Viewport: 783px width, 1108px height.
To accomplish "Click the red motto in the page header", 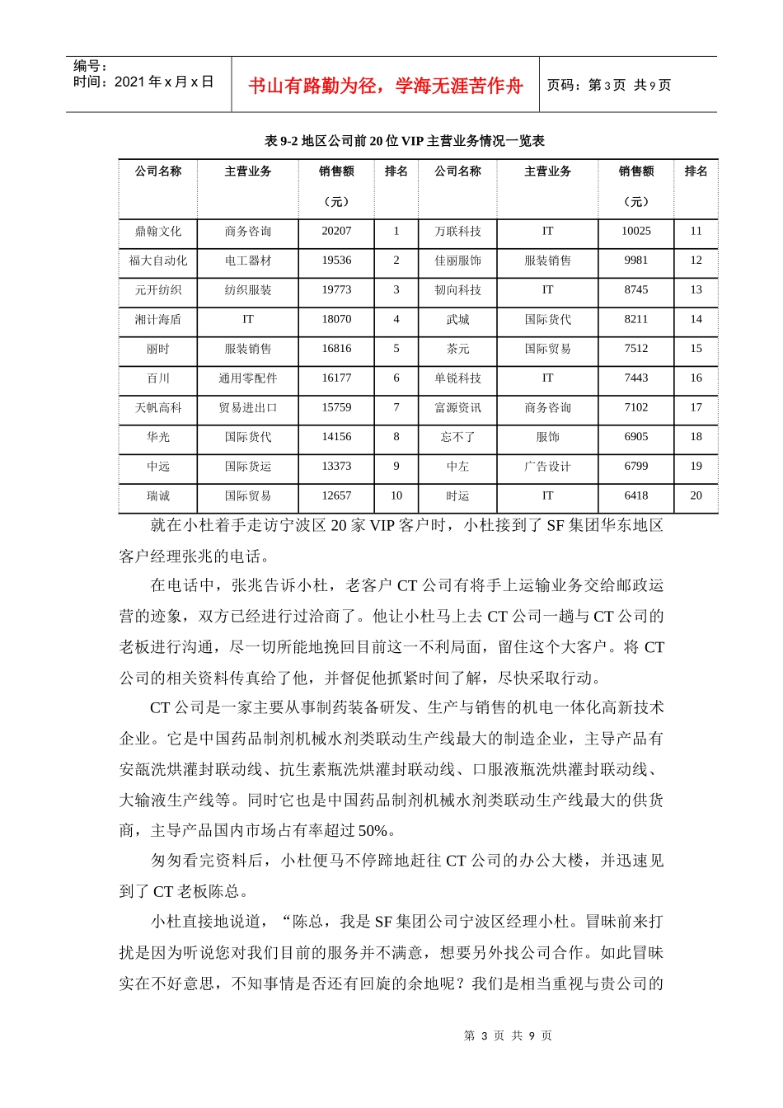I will pyautogui.click(x=386, y=86).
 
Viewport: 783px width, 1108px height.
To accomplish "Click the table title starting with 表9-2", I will pyautogui.click(x=405, y=141).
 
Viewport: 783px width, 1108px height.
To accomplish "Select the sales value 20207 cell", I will pyautogui.click(x=336, y=232).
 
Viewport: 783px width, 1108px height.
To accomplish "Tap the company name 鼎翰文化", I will pyautogui.click(x=158, y=232).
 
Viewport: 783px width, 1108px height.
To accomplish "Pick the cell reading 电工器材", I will pyautogui.click(x=248, y=261).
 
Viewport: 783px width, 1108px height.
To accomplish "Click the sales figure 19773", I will pyautogui.click(x=336, y=290).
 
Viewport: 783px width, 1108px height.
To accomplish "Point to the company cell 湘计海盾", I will pyautogui.click(x=158, y=320).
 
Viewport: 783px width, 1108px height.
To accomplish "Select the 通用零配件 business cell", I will pyautogui.click(x=248, y=378).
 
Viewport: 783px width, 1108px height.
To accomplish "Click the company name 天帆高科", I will pyautogui.click(x=158, y=408).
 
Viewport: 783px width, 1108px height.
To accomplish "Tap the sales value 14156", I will pyautogui.click(x=336, y=437).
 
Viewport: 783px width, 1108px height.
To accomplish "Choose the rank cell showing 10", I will pyautogui.click(x=396, y=495).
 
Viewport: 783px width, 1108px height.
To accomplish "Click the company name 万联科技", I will pyautogui.click(x=458, y=232).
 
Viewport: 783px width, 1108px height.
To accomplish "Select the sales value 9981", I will pyautogui.click(x=636, y=261).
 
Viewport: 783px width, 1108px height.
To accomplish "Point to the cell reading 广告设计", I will pyautogui.click(x=548, y=467).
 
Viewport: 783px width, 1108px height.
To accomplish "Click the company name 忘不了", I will pyautogui.click(x=458, y=437).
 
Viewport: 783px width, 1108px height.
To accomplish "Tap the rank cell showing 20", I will pyautogui.click(x=696, y=495).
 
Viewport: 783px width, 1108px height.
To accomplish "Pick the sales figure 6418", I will pyautogui.click(x=636, y=495).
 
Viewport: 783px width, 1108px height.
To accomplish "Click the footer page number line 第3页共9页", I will pyautogui.click(x=508, y=1036).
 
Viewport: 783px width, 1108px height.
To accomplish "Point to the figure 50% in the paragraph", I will pyautogui.click(x=373, y=830).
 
